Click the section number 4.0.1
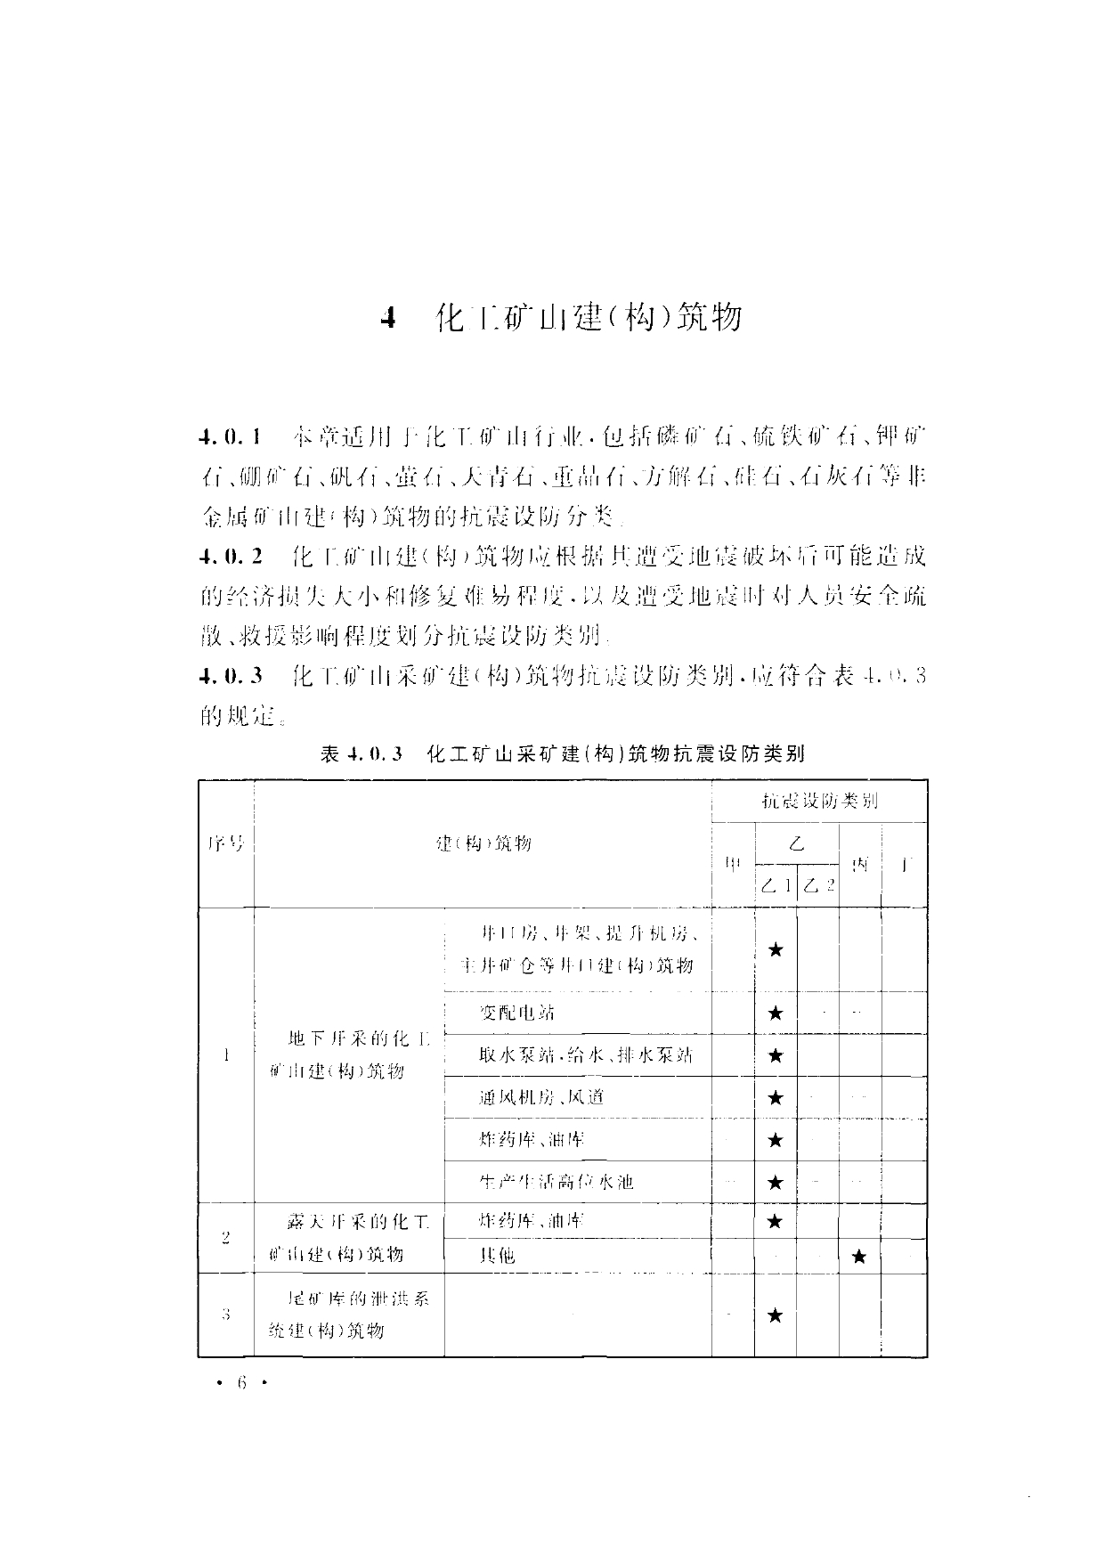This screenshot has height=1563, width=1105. pyautogui.click(x=231, y=437)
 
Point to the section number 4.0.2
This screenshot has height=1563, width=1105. pyautogui.click(x=231, y=558)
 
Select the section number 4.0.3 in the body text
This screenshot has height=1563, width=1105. pyautogui.click(x=231, y=676)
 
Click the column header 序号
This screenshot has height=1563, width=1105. pyautogui.click(x=225, y=843)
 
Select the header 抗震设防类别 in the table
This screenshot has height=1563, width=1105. pyautogui.click(x=819, y=801)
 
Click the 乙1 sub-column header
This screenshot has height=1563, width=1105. pyautogui.click(x=776, y=885)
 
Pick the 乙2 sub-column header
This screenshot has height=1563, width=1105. pyautogui.click(x=817, y=885)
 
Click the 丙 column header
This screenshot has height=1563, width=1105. pyautogui.click(x=859, y=864)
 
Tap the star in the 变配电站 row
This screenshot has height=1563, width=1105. pyautogui.click(x=776, y=1013)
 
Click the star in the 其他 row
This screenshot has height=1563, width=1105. pyautogui.click(x=859, y=1257)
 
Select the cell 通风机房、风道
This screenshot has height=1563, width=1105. pyautogui.click(x=541, y=1097)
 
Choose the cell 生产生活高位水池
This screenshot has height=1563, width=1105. pyautogui.click(x=556, y=1182)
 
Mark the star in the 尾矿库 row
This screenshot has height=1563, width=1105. pyautogui.click(x=776, y=1315)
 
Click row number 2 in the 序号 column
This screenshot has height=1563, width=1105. pyautogui.click(x=225, y=1237)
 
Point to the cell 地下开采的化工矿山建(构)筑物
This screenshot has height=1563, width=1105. pyautogui.click(x=348, y=1054)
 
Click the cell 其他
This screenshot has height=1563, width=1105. pyautogui.click(x=497, y=1257)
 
